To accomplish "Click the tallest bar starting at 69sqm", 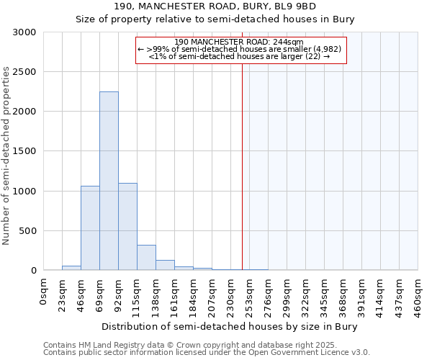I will [x=109, y=181].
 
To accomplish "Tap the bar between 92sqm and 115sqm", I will [x=127, y=227].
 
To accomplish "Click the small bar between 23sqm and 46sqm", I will [x=71, y=268].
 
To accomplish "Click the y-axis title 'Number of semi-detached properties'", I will [x=6, y=156].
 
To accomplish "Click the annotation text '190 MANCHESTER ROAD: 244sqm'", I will [x=239, y=42].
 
